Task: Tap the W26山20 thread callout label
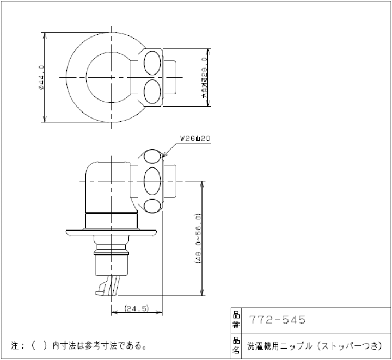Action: pos(195,139)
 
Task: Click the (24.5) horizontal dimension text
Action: pos(137,308)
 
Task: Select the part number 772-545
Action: pos(277,320)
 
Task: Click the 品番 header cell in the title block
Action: pos(236,320)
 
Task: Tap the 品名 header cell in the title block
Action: pos(236,346)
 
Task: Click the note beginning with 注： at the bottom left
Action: pos(79,345)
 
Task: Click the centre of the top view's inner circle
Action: pos(111,76)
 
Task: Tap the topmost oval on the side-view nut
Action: pos(154,157)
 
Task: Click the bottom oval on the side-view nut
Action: pos(154,206)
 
